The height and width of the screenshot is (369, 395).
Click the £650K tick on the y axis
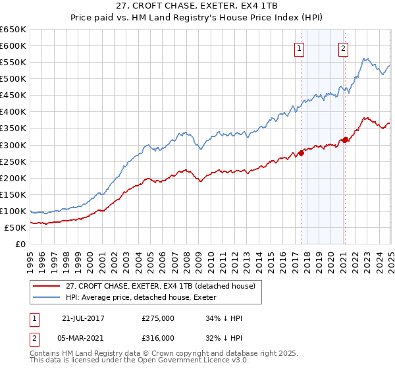tap(13, 30)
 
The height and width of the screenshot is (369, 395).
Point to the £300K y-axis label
tap(13, 145)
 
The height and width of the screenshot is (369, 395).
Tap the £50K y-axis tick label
tap(16, 227)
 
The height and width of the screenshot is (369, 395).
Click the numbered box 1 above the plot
tap(300, 47)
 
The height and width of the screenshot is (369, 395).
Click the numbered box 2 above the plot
tap(344, 47)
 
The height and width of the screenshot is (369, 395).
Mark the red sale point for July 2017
tap(301, 153)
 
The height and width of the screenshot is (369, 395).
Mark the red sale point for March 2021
tap(344, 140)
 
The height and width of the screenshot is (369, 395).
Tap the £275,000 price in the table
tap(158, 318)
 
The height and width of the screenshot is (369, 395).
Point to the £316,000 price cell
tap(158, 337)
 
